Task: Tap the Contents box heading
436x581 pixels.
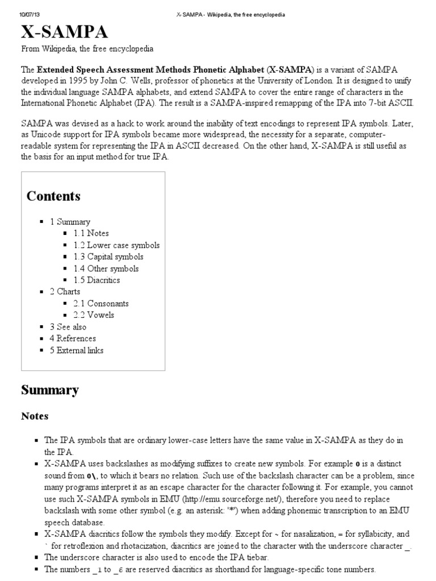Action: pyautogui.click(x=53, y=196)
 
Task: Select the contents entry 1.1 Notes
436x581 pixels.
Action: pyautogui.click(x=91, y=233)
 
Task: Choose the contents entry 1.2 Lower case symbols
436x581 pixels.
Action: pyautogui.click(x=116, y=245)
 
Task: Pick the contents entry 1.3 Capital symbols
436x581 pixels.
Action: pyautogui.click(x=104, y=257)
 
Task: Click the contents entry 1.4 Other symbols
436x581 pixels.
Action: pyautogui.click(x=106, y=268)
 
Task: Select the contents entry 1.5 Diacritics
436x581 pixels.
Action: pyautogui.click(x=97, y=280)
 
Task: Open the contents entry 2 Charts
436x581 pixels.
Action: pyautogui.click(x=65, y=292)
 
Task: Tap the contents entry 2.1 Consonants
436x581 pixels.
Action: pyautogui.click(x=101, y=304)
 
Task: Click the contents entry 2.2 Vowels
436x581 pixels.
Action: pyautogui.click(x=94, y=315)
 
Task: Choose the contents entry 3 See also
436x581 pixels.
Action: pyautogui.click(x=68, y=327)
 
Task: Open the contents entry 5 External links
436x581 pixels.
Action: pyautogui.click(x=77, y=350)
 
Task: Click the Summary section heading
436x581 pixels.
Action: pyautogui.click(x=50, y=390)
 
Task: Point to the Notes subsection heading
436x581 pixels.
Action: pyautogui.click(x=35, y=416)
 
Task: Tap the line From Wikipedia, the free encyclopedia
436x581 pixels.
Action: pyautogui.click(x=87, y=49)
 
